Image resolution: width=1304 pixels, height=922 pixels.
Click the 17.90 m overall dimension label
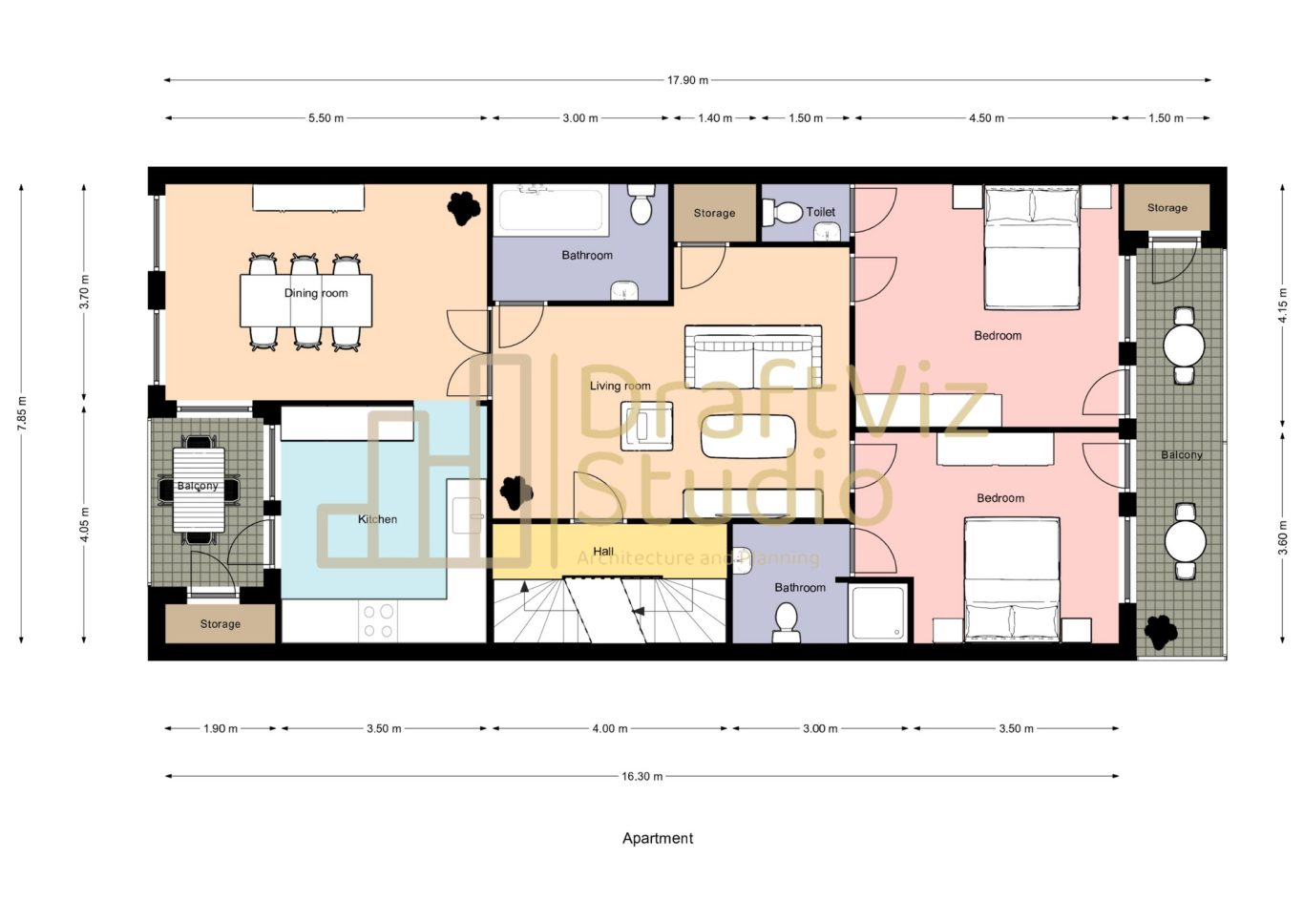click(687, 80)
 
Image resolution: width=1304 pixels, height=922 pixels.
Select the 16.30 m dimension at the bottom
click(641, 776)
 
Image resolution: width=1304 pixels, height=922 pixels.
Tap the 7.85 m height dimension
click(22, 413)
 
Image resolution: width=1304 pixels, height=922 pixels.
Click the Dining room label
click(316, 293)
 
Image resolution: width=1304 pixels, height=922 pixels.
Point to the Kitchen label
click(377, 519)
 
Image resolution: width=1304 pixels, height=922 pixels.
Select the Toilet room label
click(820, 212)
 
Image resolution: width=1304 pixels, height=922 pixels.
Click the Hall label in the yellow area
click(603, 552)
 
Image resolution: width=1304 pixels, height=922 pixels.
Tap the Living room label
click(620, 386)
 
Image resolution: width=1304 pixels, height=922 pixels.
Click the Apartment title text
click(658, 838)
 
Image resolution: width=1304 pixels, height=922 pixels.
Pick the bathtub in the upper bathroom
click(551, 209)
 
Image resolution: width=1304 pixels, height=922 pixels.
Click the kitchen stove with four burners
click(379, 620)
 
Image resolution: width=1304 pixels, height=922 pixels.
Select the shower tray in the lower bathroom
click(878, 613)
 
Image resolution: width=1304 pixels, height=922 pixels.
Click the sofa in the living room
click(753, 356)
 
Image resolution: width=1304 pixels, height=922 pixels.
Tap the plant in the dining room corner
click(464, 207)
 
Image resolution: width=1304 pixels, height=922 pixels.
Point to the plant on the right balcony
click(1161, 631)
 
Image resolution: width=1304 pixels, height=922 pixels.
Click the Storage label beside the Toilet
click(714, 213)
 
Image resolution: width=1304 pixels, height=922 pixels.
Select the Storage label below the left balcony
click(220, 623)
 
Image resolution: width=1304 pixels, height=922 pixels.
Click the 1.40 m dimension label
click(715, 118)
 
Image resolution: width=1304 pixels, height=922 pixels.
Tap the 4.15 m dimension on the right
click(1282, 305)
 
